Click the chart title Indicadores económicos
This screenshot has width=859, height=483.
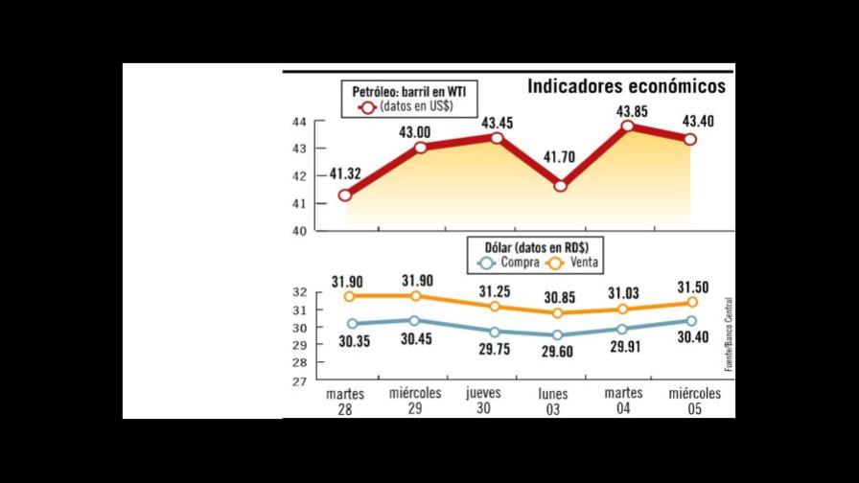(x=626, y=86)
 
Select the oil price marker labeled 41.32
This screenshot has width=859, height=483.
(x=345, y=195)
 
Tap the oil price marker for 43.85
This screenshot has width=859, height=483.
(x=628, y=126)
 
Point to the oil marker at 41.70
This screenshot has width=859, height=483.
(x=561, y=185)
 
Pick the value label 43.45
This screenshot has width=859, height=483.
(x=497, y=123)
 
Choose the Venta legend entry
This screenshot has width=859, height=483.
(x=575, y=263)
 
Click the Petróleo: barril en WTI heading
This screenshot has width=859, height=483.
(x=410, y=91)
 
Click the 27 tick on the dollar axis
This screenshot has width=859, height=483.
(x=299, y=381)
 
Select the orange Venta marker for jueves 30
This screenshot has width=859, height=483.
(x=496, y=307)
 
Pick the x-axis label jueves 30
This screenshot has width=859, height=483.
(x=483, y=402)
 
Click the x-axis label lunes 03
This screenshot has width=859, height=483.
(x=553, y=402)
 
